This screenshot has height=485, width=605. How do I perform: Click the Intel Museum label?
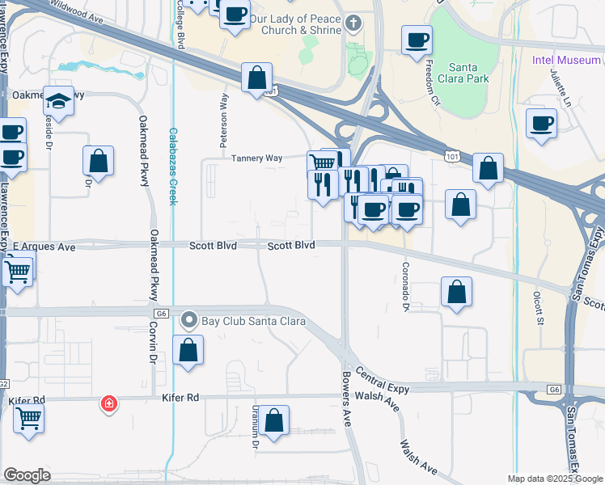566,60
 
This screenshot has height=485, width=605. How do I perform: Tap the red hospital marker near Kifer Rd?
107,403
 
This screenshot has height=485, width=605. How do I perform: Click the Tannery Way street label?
256,158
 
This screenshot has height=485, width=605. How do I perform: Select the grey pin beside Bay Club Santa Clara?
189,321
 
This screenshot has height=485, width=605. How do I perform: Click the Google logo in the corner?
27,475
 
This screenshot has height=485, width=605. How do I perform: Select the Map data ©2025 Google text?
555,479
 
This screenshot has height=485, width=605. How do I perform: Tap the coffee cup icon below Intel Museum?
541,123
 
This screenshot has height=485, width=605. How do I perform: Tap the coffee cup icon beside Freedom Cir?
417,40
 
